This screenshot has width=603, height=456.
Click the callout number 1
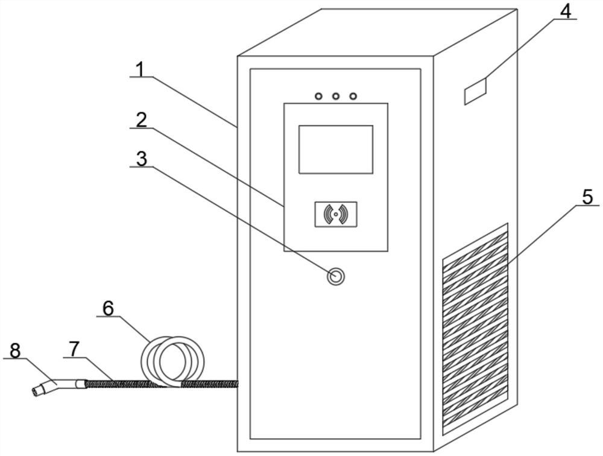(140, 69)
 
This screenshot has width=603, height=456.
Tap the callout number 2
(140, 119)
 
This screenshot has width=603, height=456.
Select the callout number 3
(140, 159)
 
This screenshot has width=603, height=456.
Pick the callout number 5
(588, 197)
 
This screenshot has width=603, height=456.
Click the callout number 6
(108, 308)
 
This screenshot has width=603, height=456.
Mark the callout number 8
(14, 350)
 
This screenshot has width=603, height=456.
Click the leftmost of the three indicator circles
(318, 96)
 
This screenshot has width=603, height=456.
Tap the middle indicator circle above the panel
(336, 96)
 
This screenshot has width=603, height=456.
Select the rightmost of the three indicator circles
(353, 96)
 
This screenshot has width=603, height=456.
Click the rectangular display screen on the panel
(336, 149)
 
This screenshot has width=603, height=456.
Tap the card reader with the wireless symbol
(336, 214)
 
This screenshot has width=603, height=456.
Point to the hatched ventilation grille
(475, 329)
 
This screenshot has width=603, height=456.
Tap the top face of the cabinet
(377, 33)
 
